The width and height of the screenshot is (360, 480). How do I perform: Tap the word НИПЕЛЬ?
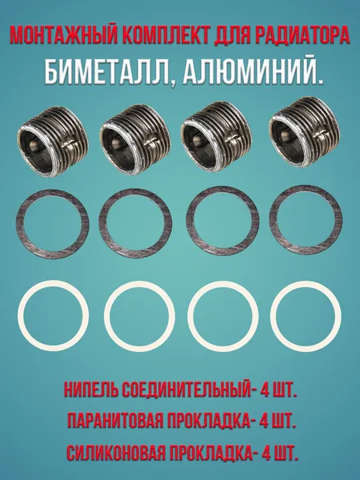pos(90,390)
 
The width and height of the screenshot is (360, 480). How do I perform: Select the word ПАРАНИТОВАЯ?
pos(117,421)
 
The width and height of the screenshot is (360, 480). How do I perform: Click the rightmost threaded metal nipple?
pos(304,132)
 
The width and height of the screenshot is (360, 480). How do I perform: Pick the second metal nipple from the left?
pos(134,141)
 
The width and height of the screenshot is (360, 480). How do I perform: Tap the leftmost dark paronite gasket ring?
pos(20,223)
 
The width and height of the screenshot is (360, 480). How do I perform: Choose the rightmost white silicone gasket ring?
pos(274,315)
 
